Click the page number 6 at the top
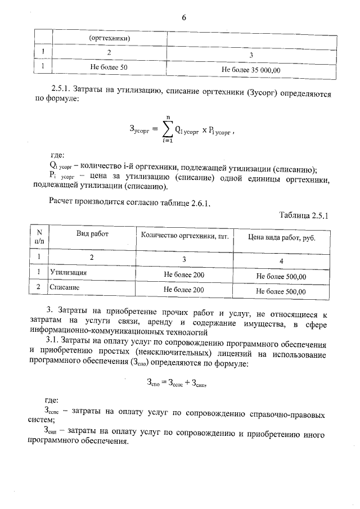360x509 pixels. point(183,17)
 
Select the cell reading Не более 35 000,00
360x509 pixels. point(251,70)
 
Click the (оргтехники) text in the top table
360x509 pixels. point(110,38)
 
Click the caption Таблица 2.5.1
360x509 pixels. point(303,214)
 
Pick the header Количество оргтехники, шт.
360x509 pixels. point(184,235)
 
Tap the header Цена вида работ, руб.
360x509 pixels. point(281,237)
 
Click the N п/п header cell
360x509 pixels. point(39,236)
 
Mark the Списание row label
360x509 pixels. point(64,287)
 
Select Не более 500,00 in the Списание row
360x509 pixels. point(281,291)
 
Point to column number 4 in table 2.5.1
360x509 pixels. point(281,262)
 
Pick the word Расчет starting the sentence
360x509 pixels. point(62,202)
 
